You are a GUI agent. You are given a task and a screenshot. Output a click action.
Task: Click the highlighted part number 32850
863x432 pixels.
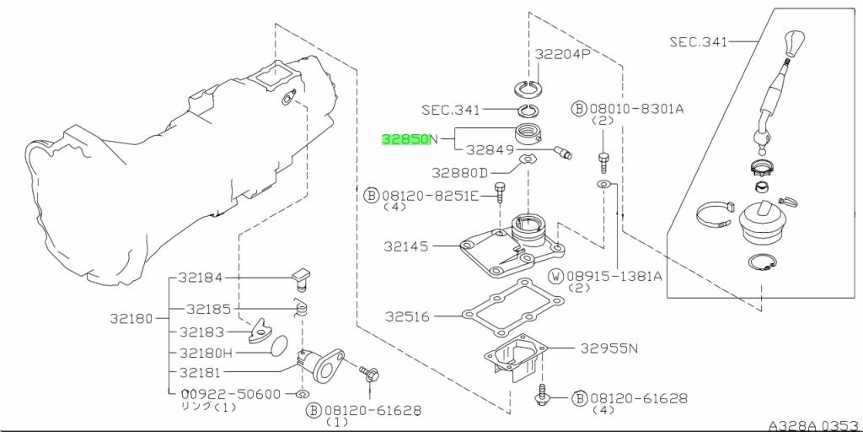click(x=405, y=139)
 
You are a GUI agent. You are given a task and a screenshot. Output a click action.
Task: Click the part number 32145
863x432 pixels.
click(x=407, y=246)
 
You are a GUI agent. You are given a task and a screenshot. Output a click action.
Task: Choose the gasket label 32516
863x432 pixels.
click(x=408, y=317)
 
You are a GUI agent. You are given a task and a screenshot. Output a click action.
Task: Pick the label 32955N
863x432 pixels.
click(x=608, y=348)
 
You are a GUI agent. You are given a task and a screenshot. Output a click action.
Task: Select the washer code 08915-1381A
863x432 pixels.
click(x=614, y=276)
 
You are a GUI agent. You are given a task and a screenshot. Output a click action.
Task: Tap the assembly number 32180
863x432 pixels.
click(x=131, y=319)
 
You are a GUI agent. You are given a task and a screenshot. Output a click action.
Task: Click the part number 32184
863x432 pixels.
click(x=201, y=277)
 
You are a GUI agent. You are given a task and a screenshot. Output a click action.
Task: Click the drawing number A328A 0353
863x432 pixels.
click(x=813, y=424)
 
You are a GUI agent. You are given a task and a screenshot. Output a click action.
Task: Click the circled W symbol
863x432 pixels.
click(x=556, y=276)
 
